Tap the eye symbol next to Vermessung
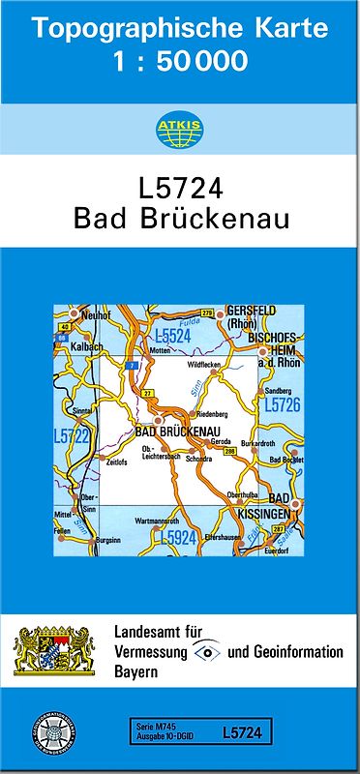click(208, 651)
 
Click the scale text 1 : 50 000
click(180, 63)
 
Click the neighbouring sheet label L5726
click(282, 405)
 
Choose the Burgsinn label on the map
click(109, 538)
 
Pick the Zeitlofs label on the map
click(117, 462)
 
